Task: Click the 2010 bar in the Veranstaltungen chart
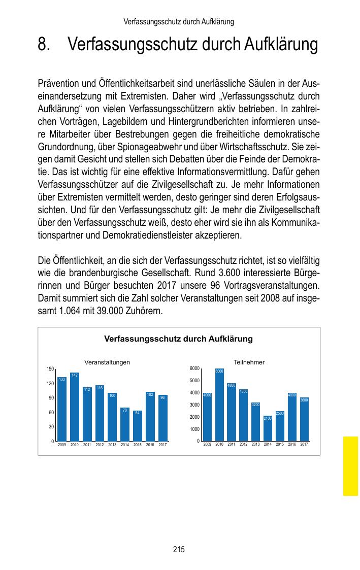click(x=75, y=407)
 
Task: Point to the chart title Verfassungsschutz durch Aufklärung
click(x=178, y=339)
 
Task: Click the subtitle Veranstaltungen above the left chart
click(x=107, y=362)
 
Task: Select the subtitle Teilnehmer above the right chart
click(x=249, y=362)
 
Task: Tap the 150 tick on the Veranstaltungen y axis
click(x=50, y=368)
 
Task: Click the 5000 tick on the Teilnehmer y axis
click(x=193, y=381)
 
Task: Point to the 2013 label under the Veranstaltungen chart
click(x=112, y=445)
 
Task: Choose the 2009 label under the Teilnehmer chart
click(x=207, y=445)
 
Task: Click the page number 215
click(x=179, y=549)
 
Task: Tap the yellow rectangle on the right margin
click(x=350, y=465)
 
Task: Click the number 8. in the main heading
click(x=44, y=45)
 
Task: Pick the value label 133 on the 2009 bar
click(x=61, y=379)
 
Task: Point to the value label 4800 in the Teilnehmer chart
click(x=232, y=386)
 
